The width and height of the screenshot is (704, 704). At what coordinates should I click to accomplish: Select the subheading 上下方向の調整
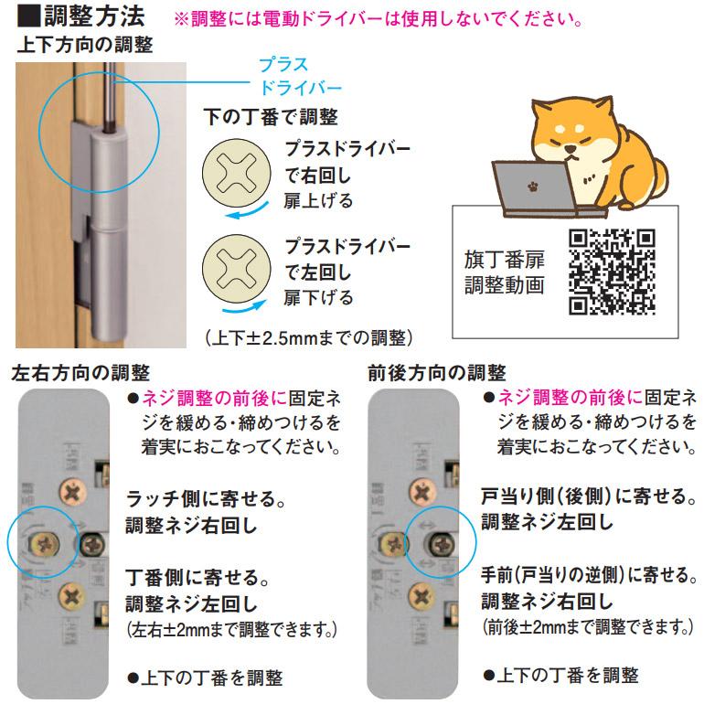point(84,45)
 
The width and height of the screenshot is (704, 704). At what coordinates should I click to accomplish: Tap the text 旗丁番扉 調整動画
point(503,271)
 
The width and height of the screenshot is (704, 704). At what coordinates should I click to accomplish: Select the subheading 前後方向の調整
point(436,372)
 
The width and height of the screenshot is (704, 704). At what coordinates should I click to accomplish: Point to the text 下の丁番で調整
point(270,117)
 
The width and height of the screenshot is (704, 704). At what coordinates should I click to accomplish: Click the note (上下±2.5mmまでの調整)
point(308,336)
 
